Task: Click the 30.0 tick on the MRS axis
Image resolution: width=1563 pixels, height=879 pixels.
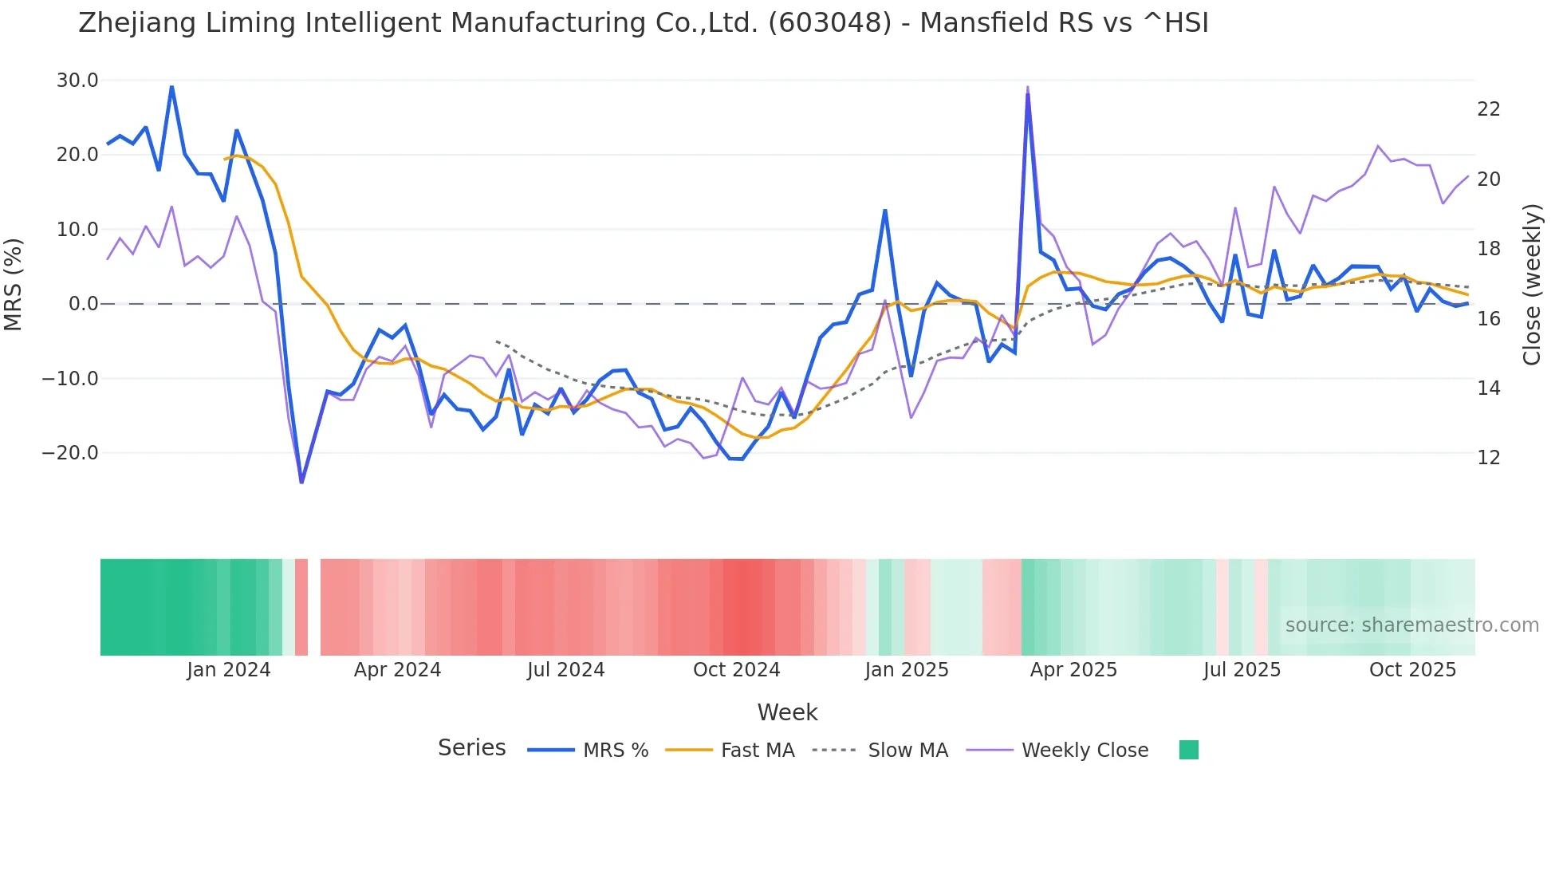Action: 77,81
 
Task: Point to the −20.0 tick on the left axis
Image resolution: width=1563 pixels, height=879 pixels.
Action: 70,453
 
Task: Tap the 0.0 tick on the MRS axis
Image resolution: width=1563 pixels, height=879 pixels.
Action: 83,304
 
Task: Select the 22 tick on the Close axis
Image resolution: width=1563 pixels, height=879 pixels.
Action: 1489,109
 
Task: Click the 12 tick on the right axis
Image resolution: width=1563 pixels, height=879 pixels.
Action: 1489,458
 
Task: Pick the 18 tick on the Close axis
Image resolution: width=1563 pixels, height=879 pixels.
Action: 1489,249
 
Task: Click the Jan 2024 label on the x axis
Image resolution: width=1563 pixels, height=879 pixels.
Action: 229,670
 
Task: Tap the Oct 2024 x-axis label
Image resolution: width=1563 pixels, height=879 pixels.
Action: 736,670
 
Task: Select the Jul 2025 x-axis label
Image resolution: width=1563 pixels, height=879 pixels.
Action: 1242,670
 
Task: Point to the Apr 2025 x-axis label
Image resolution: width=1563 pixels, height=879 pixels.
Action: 1073,670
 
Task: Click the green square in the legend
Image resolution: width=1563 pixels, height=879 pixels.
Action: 1188,750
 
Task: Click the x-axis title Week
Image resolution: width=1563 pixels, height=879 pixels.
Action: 787,712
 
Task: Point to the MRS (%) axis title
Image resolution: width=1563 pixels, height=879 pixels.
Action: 14,284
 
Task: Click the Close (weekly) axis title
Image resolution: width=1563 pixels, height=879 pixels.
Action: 1532,284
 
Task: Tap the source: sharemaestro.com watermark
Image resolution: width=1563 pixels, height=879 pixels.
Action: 1411,625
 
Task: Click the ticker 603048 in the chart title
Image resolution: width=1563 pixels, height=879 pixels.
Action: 829,23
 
